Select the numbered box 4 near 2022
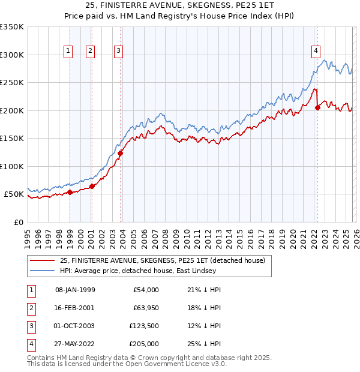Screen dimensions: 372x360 point(316,51)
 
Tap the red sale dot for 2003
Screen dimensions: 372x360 point(120,153)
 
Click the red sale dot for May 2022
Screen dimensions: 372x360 point(318,107)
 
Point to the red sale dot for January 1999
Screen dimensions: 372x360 point(70,192)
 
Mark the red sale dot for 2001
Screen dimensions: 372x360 point(92,187)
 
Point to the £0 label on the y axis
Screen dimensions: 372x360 point(19,222)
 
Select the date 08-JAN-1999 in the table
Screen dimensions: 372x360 point(75,290)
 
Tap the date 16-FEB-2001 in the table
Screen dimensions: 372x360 point(75,308)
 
